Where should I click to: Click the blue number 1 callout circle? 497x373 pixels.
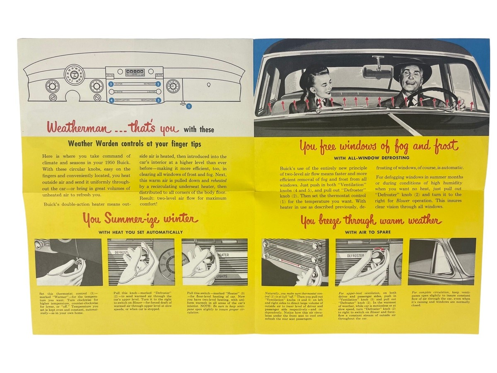click(x=189, y=106)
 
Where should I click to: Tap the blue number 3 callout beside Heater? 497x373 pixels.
click(x=111, y=84)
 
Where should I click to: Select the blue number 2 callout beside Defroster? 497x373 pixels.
click(x=158, y=84)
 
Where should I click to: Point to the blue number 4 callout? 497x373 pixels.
click(x=111, y=100)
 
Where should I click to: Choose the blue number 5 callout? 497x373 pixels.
click(x=158, y=100)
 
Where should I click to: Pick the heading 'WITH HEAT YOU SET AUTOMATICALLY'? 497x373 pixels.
click(x=141, y=232)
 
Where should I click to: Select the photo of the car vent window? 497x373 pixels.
click(x=442, y=262)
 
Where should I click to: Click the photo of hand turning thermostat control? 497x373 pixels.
click(x=69, y=262)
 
